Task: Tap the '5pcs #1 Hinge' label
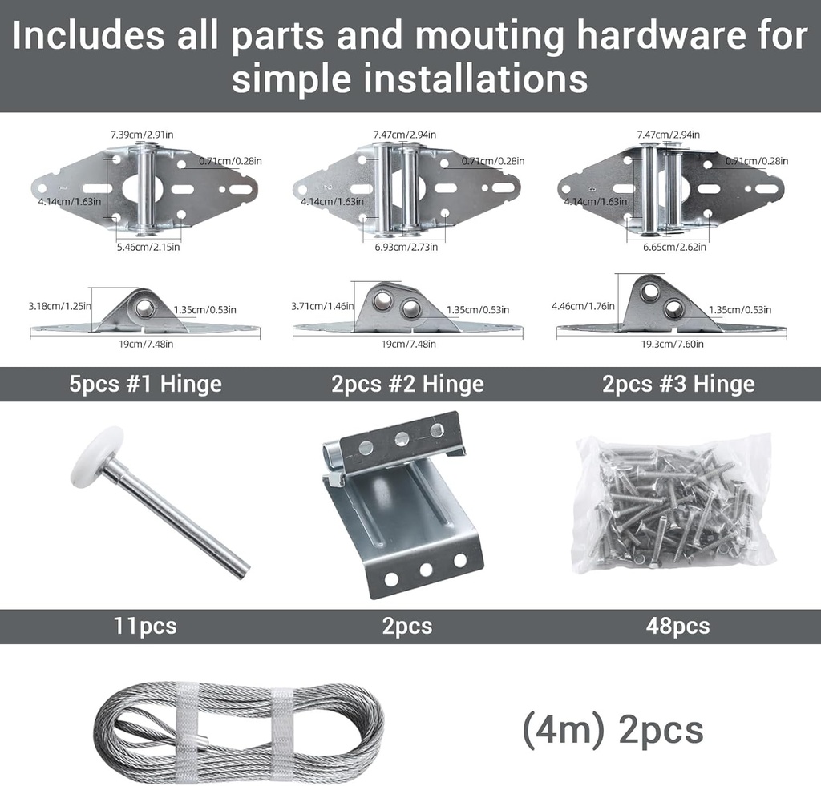click(x=145, y=384)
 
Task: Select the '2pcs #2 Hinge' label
click(x=407, y=384)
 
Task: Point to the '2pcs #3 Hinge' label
click(x=678, y=384)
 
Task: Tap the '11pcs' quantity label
click(x=144, y=626)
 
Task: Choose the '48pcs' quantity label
click(x=677, y=626)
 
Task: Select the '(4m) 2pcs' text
click(x=613, y=729)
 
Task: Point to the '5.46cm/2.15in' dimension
click(x=148, y=247)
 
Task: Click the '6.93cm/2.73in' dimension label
click(x=405, y=247)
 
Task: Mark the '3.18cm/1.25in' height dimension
click(x=59, y=306)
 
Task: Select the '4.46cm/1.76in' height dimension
click(x=583, y=306)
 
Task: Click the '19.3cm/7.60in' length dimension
click(x=673, y=344)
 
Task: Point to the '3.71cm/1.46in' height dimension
click(x=323, y=306)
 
